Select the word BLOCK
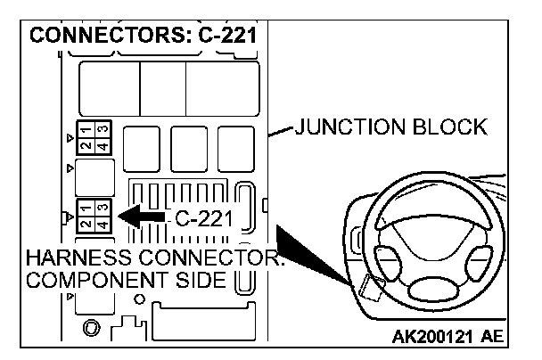coord(456,127)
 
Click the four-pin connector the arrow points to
coord(93,216)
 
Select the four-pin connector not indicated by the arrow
coord(93,137)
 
